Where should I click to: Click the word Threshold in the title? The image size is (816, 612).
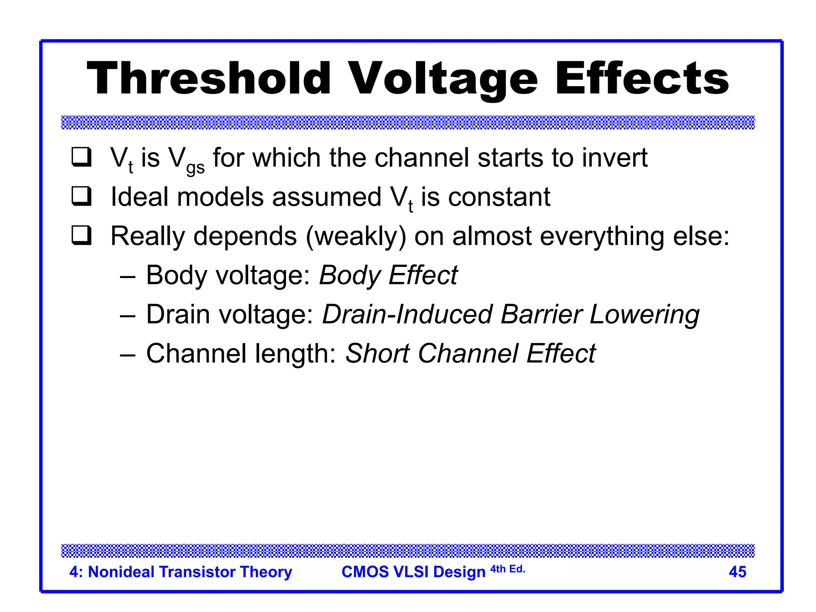(x=208, y=78)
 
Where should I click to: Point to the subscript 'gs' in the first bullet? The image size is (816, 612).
(x=195, y=168)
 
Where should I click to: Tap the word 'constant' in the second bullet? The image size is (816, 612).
(x=499, y=197)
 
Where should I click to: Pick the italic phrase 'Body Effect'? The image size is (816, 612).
(x=388, y=275)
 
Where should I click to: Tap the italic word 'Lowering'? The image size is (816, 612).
(x=644, y=315)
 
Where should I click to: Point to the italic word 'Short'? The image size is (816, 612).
(x=377, y=353)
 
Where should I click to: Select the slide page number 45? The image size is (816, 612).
(x=737, y=572)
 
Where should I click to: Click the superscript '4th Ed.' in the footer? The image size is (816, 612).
(x=508, y=569)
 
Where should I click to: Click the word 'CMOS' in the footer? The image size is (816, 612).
(x=365, y=572)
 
